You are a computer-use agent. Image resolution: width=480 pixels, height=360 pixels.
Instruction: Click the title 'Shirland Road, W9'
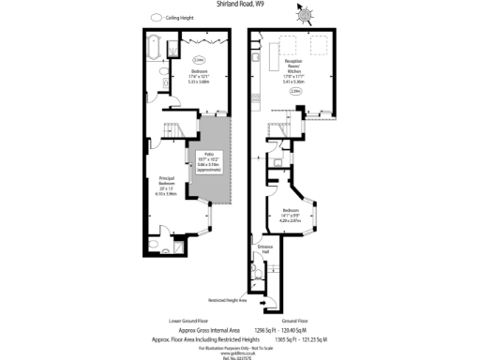click(240, 5)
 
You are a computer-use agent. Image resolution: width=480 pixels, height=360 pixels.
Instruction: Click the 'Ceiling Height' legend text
click(178, 18)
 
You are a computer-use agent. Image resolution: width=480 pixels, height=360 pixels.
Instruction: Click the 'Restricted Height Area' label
click(229, 301)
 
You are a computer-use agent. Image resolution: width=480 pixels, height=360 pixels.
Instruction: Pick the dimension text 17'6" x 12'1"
click(173, 76)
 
